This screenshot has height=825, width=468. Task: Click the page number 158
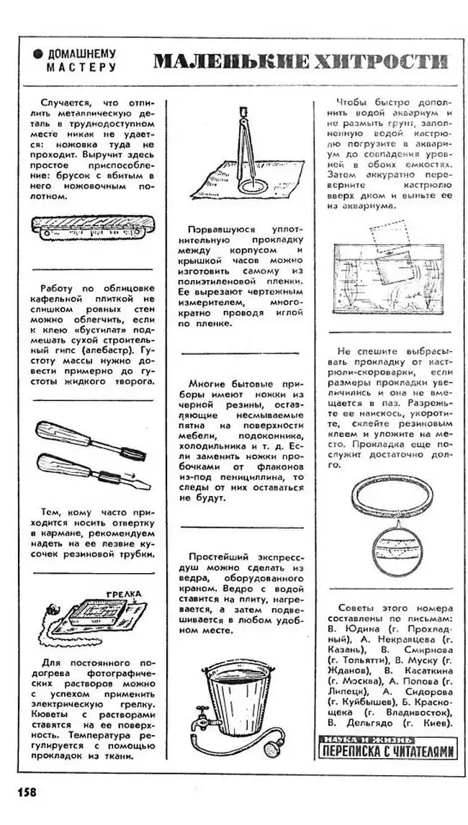point(26,792)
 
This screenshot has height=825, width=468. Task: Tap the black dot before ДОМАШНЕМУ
point(38,55)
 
